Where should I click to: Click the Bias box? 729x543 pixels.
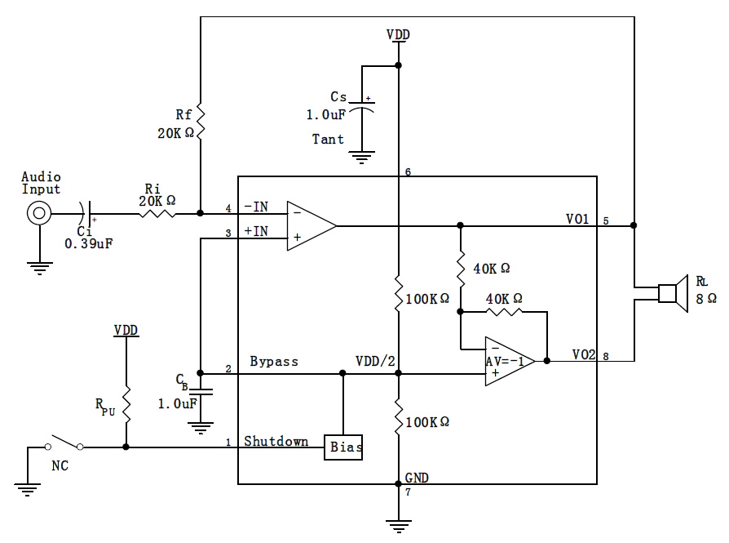[x=344, y=447]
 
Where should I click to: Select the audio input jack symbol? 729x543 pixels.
[x=38, y=215]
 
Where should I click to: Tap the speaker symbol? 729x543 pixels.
[x=671, y=293]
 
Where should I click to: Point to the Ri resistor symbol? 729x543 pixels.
[x=157, y=215]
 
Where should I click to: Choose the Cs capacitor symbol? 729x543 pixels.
[x=366, y=108]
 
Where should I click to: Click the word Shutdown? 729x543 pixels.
[x=276, y=442]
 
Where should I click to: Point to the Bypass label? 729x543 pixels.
[x=273, y=361]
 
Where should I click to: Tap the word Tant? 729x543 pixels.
[x=328, y=140]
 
